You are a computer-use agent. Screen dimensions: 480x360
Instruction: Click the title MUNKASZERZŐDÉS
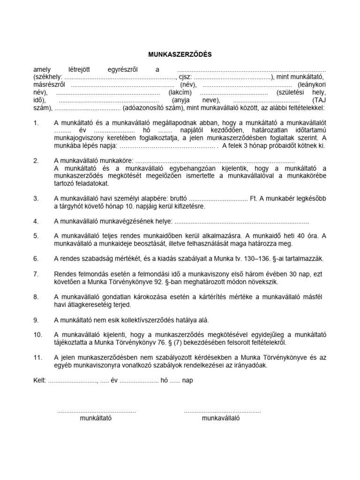pos(180,54)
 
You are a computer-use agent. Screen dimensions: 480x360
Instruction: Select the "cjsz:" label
pos(185,77)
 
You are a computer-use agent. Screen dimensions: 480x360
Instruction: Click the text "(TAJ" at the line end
pos(318,100)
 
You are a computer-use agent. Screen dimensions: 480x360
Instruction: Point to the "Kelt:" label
pos(40,381)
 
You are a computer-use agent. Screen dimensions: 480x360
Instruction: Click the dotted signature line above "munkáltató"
pos(96,411)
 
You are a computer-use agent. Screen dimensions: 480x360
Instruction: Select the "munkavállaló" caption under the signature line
pos(220,419)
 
